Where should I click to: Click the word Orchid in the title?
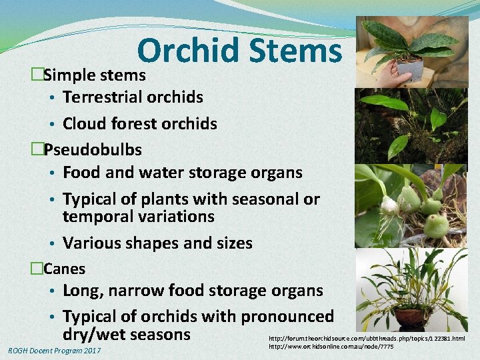point(189,51)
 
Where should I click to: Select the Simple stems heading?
point(94,75)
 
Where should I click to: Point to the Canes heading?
point(64,269)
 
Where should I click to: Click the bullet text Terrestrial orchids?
point(133,97)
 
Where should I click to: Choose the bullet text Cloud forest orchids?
point(139,123)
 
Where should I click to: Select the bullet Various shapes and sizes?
point(157,243)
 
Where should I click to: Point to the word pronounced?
point(287,317)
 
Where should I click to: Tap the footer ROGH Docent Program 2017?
point(54,351)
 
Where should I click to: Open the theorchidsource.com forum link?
point(367,339)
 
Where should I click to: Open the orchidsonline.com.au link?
point(331,347)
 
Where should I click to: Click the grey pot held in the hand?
point(409,69)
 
